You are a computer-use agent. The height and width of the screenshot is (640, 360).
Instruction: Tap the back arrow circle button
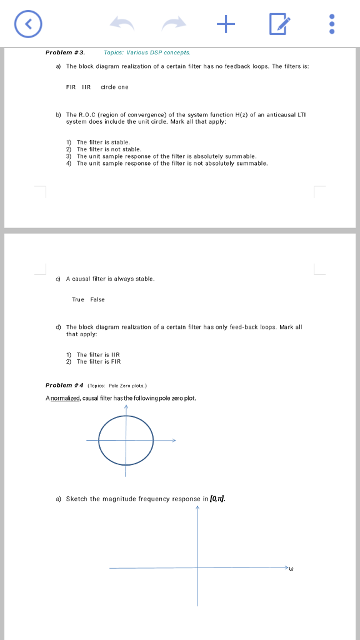click(28, 24)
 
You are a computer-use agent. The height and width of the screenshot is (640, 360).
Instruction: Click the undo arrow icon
click(122, 24)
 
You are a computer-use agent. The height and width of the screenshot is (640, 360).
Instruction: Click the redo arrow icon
click(175, 24)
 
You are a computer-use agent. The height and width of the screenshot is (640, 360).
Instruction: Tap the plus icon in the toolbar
click(227, 24)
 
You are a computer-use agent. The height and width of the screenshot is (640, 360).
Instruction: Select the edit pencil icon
click(279, 24)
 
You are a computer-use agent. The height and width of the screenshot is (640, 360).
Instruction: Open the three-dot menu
click(332, 24)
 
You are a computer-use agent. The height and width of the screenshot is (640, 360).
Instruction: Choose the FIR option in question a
click(71, 87)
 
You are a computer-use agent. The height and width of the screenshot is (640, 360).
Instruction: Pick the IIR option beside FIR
click(86, 87)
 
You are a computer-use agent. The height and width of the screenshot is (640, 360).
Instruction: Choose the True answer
click(77, 299)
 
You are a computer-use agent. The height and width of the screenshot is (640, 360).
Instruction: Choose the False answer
click(97, 299)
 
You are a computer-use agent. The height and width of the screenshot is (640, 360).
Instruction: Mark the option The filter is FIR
click(98, 361)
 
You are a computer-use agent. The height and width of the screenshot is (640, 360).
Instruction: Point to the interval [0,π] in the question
click(218, 499)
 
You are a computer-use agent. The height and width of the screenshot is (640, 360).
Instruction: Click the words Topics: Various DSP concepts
click(147, 53)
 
